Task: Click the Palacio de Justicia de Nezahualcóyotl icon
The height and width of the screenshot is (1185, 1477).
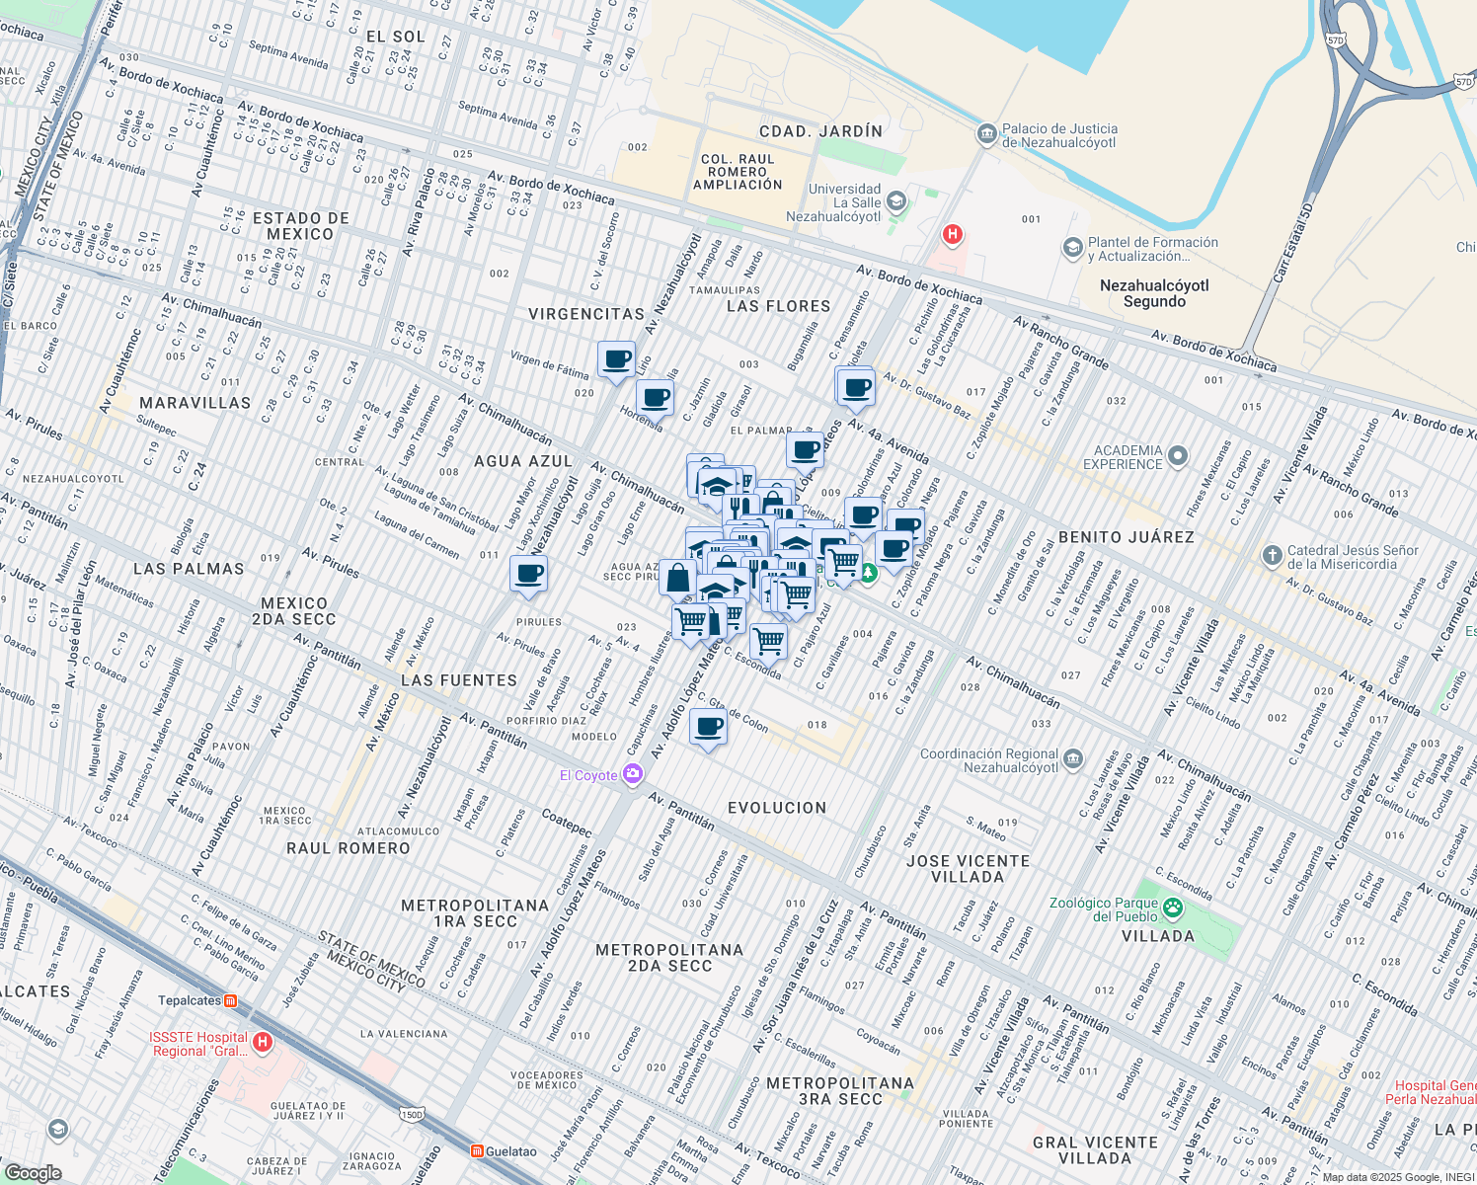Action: pyautogui.click(x=985, y=134)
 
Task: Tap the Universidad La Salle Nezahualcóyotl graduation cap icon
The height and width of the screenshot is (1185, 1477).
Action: pyautogui.click(x=896, y=202)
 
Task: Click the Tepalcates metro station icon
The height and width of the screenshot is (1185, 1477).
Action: pyautogui.click(x=230, y=1000)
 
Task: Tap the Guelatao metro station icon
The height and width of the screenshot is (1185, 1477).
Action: pyautogui.click(x=477, y=1151)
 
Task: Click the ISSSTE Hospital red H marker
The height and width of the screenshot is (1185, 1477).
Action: pyautogui.click(x=262, y=1043)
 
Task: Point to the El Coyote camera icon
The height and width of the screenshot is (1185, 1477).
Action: pyautogui.click(x=632, y=775)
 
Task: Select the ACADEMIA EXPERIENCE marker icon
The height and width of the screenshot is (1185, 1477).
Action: pyautogui.click(x=1177, y=456)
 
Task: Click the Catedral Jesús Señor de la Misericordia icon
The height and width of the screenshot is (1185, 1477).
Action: pyautogui.click(x=1272, y=556)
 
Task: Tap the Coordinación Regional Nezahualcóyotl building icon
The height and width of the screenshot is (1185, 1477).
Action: pyautogui.click(x=1073, y=759)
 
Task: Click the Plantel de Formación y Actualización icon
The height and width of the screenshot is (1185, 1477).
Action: pyautogui.click(x=1072, y=248)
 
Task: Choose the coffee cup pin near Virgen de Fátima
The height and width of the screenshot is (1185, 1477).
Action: pyautogui.click(x=617, y=359)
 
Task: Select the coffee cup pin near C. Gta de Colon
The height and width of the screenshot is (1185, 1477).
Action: pyautogui.click(x=708, y=728)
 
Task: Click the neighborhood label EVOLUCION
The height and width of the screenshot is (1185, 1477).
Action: pyautogui.click(x=777, y=808)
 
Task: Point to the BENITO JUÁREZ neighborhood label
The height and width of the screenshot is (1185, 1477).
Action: pyautogui.click(x=1126, y=537)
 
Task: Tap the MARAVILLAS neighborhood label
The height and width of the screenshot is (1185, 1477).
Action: pyautogui.click(x=194, y=403)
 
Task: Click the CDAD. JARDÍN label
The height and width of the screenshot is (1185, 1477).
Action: pyautogui.click(x=820, y=131)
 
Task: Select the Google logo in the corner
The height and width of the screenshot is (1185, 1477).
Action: pyautogui.click(x=33, y=1172)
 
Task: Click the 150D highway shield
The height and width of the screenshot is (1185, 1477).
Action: pyautogui.click(x=411, y=1115)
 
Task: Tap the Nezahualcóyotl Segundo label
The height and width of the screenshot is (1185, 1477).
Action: pyautogui.click(x=1153, y=293)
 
